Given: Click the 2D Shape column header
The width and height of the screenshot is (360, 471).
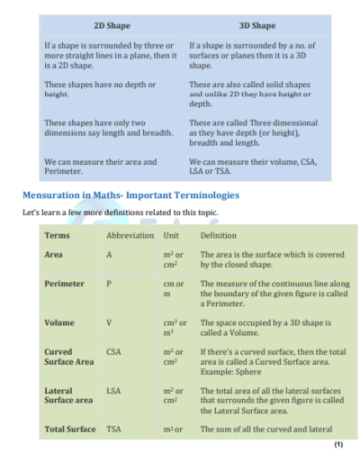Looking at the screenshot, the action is click(x=112, y=25).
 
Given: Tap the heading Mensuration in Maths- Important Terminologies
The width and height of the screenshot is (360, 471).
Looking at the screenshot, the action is click(x=130, y=194).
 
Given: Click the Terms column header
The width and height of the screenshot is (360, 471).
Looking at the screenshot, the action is click(x=58, y=235).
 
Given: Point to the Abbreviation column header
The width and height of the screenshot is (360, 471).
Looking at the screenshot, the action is click(x=130, y=235).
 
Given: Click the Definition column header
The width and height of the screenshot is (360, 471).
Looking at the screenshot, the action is click(x=218, y=235).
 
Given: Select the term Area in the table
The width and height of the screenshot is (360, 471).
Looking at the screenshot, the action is click(x=53, y=255).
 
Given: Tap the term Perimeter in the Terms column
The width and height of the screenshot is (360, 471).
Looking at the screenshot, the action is click(x=64, y=284).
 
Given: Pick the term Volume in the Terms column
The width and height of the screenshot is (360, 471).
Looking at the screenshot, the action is click(x=58, y=322).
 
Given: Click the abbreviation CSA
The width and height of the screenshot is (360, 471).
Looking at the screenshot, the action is click(x=113, y=351).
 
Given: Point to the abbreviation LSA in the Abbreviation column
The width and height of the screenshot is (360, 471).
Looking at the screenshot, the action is click(x=113, y=391).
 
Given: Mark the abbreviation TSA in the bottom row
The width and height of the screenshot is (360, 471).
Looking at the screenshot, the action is click(x=113, y=429).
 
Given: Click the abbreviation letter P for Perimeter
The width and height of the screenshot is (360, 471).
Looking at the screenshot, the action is click(x=109, y=284).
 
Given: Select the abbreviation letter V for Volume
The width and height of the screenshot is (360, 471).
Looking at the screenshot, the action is click(x=109, y=322).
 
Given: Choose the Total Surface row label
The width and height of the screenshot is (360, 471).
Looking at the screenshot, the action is click(x=69, y=429).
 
